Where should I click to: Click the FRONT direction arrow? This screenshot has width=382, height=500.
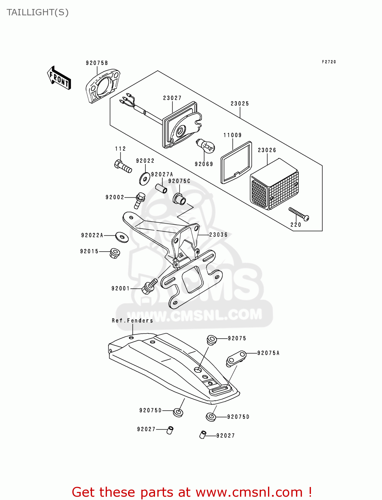click(59, 78)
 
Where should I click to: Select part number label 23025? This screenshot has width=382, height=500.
click(240, 104)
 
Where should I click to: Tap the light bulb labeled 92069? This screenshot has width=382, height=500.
click(206, 146)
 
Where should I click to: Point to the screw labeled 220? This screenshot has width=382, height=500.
click(299, 214)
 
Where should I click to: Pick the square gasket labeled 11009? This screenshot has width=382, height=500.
click(236, 163)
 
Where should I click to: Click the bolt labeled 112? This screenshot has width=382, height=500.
click(123, 166)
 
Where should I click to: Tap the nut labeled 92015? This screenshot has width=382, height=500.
click(114, 253)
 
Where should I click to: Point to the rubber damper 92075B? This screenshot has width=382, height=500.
click(102, 85)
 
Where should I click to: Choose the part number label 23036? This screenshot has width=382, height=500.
click(218, 235)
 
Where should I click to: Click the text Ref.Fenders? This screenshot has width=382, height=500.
click(132, 321)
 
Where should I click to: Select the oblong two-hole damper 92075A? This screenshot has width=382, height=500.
click(236, 358)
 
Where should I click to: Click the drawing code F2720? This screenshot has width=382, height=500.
click(329, 62)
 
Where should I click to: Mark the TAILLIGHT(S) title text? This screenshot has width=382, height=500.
click(38, 12)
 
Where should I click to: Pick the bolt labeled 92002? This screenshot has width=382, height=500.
click(140, 200)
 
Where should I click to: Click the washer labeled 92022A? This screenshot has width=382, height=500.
click(122, 237)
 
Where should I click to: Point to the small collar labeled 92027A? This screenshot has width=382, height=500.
click(162, 189)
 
